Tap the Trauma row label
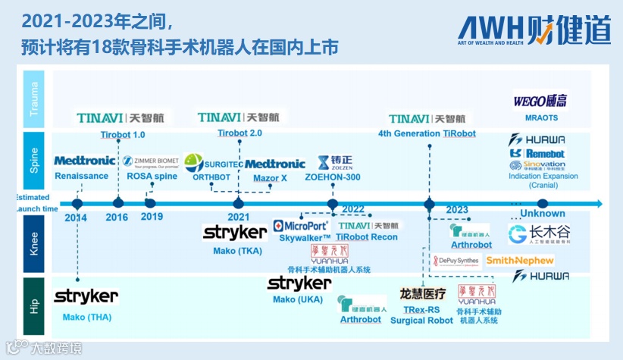(x=34, y=99)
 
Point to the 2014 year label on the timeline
(x=76, y=218)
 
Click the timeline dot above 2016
(x=117, y=203)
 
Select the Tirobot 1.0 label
(x=123, y=134)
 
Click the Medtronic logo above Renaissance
(x=85, y=161)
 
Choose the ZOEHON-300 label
(x=333, y=177)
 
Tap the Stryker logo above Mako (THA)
(x=86, y=296)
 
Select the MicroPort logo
(x=302, y=226)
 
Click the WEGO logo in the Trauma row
(x=541, y=101)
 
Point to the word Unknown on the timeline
(x=543, y=214)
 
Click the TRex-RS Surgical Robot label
(x=421, y=315)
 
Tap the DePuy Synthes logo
(x=456, y=261)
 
